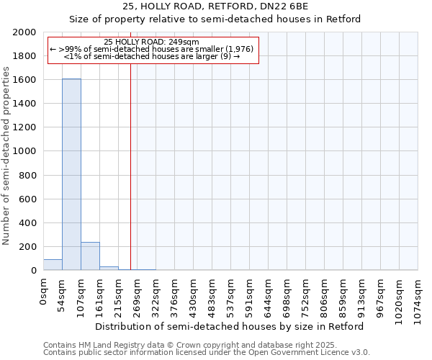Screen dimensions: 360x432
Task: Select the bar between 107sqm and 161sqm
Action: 90,256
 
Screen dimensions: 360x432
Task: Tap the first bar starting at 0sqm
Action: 53,265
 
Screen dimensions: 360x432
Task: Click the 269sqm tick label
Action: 137,294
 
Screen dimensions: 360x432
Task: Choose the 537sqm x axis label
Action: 230,294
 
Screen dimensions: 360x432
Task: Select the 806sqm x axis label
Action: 324,294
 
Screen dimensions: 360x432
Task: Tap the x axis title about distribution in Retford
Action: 229,326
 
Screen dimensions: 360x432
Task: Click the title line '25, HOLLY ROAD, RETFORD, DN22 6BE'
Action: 215,6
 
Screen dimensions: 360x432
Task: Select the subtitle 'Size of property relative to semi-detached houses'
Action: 215,19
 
